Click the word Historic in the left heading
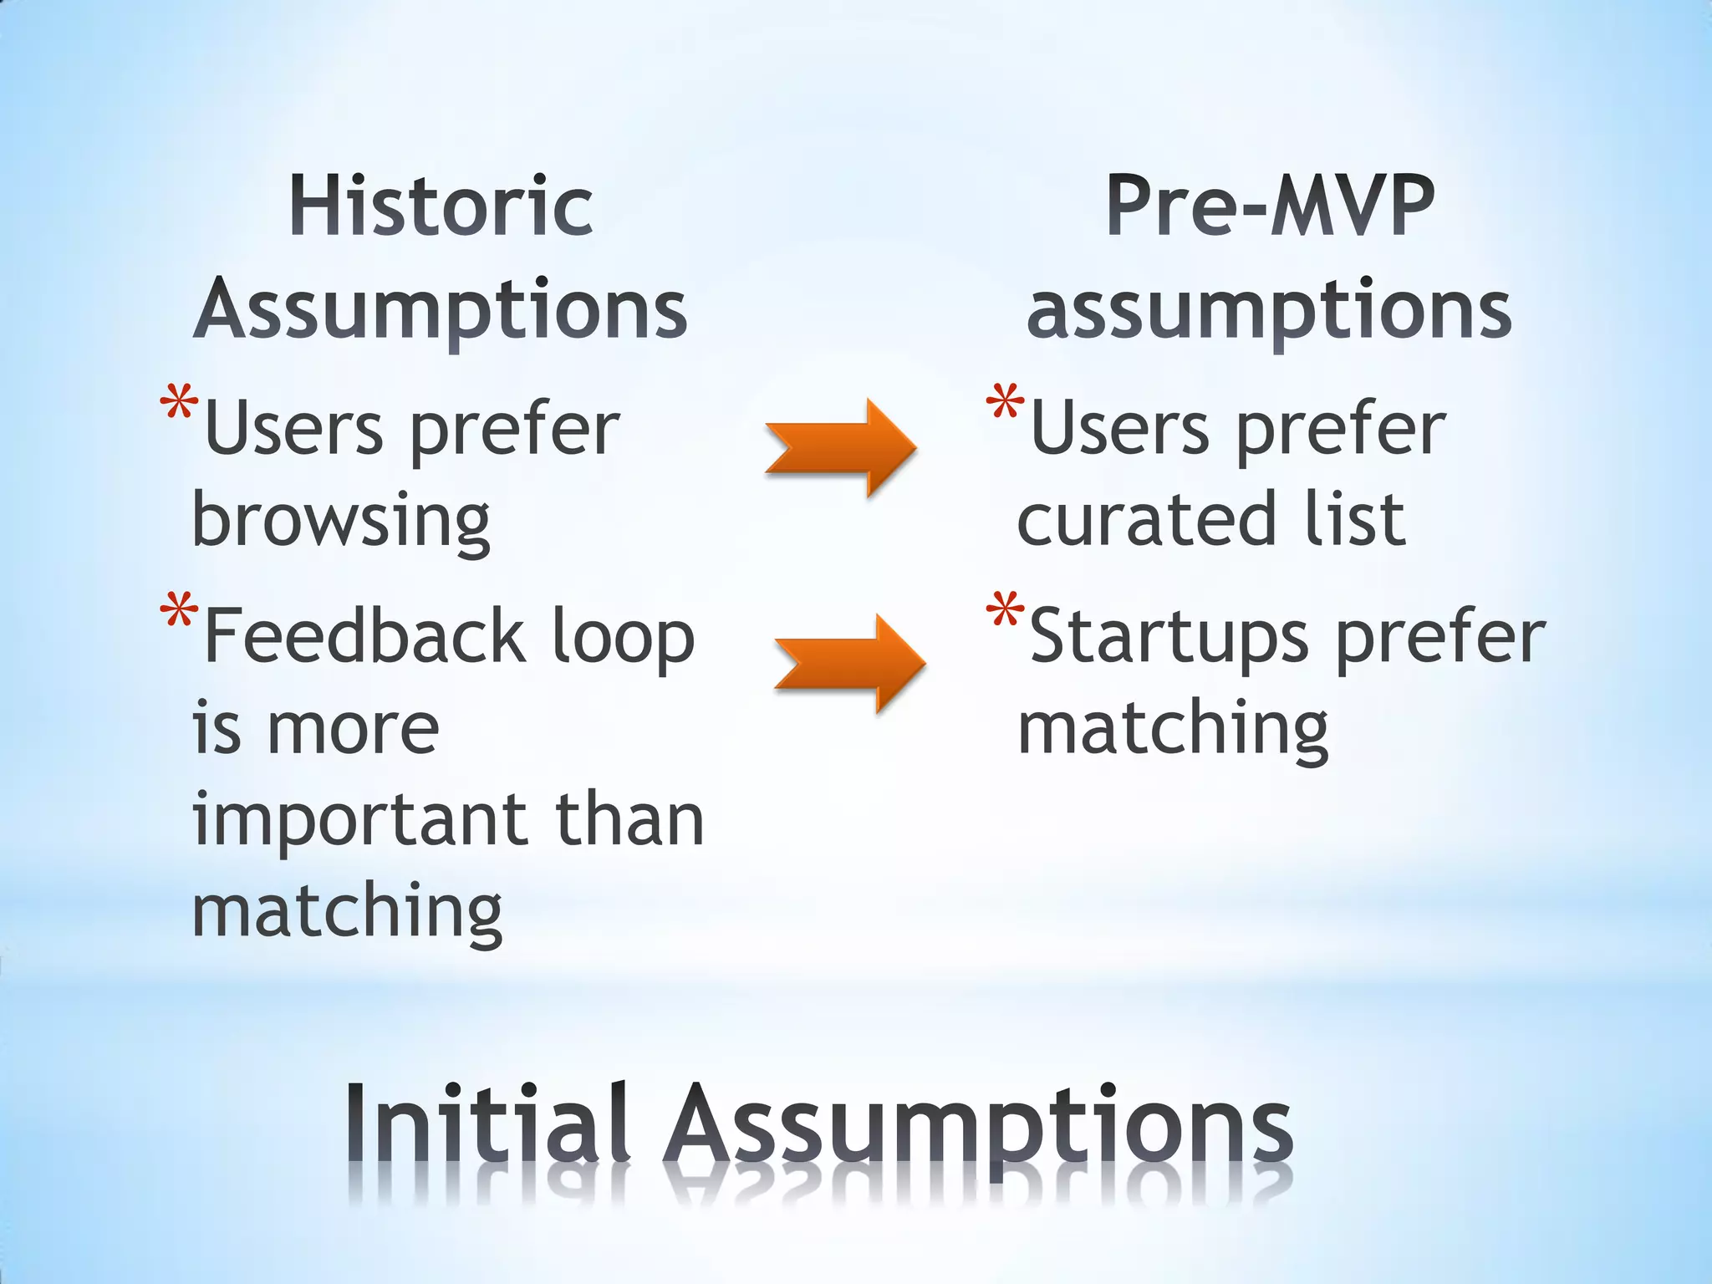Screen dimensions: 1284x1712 pos(441,206)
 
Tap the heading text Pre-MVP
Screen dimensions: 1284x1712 pos(1270,206)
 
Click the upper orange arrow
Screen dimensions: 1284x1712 pos(840,448)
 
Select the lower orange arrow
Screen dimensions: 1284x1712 pos(849,663)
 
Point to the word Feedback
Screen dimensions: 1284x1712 pos(365,637)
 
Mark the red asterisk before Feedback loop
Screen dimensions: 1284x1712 pos(179,611)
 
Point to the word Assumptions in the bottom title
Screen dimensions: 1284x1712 pos(978,1129)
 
